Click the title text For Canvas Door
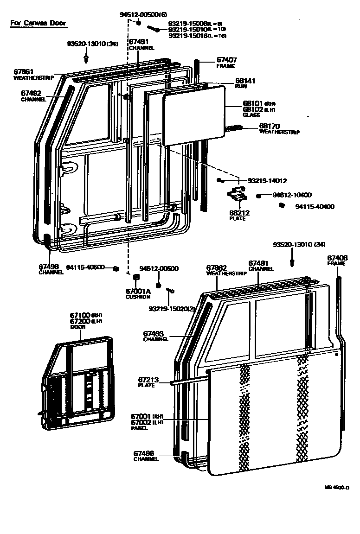[x=38, y=23]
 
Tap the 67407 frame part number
[x=227, y=60]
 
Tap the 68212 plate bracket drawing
[x=238, y=194]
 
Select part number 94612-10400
[x=292, y=195]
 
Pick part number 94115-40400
[x=315, y=207]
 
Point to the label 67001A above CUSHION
[x=138, y=291]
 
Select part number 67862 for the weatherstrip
[x=216, y=268]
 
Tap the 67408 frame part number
[x=337, y=258]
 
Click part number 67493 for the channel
[x=153, y=334]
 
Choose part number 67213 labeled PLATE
[x=148, y=380]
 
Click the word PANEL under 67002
[x=139, y=428]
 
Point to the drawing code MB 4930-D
[x=337, y=487]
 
